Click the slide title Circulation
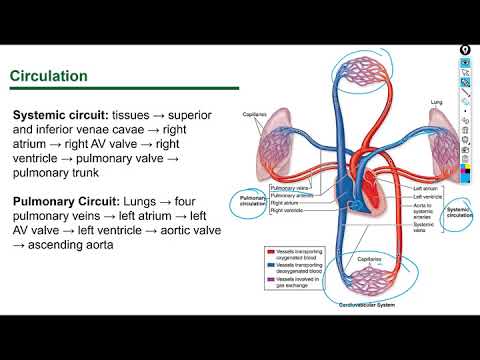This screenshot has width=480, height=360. click(48, 76)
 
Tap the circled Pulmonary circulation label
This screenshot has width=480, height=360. click(252, 203)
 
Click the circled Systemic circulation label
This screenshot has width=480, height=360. click(459, 211)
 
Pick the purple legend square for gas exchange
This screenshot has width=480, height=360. click(270, 280)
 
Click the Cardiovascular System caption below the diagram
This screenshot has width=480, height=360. click(366, 303)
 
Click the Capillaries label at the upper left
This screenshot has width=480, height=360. click(254, 114)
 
